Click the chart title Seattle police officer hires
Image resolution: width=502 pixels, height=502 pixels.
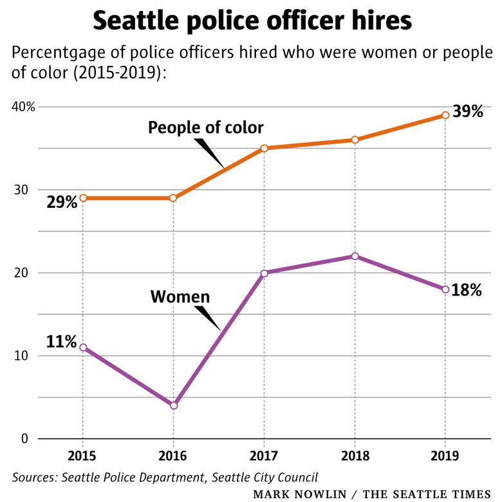[252, 21]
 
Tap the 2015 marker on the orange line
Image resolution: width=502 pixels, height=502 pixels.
[83, 198]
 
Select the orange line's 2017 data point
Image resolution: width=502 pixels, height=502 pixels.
[265, 148]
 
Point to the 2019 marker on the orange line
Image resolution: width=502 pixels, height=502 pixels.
[445, 115]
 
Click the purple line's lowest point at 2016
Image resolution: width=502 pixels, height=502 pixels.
[174, 405]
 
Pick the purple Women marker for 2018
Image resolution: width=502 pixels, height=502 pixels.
[355, 256]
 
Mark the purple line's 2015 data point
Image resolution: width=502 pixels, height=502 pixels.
[83, 348]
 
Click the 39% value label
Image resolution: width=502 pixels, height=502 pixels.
[467, 111]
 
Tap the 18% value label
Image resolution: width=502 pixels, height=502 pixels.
[466, 290]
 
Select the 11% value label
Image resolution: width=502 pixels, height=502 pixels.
[61, 340]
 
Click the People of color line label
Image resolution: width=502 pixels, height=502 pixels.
[206, 127]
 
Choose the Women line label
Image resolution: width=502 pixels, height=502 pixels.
[180, 297]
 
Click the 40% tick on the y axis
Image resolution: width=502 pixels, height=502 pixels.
[26, 107]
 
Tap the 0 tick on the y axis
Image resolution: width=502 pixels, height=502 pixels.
[25, 439]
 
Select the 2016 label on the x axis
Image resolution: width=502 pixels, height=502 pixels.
[173, 456]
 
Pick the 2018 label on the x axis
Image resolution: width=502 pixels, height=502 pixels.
[355, 456]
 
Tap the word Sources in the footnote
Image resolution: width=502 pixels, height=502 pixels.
[34, 477]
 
